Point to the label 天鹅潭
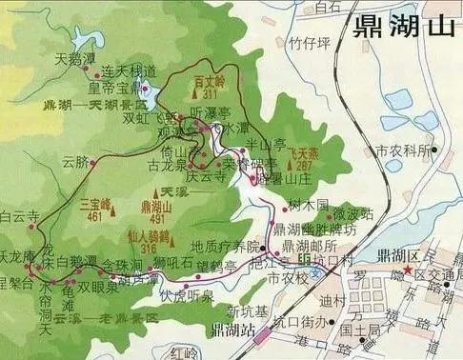coord(75,59)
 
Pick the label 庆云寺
coord(204,175)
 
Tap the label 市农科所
coord(397,150)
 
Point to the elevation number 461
coord(93,216)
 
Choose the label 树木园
coord(308,205)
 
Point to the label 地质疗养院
coord(225,245)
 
